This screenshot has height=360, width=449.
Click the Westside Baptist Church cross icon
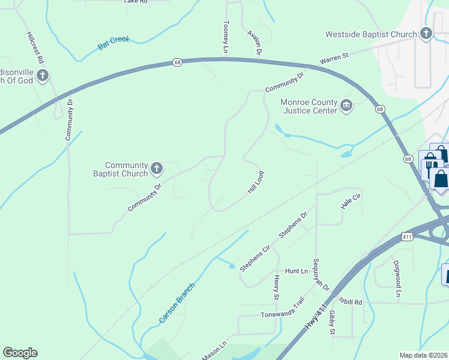pyautogui.click(x=426, y=33)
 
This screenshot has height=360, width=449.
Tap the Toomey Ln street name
pyautogui.click(x=226, y=37)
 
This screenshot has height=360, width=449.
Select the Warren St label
pyautogui.click(x=334, y=58)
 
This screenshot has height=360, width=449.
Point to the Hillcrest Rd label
pyautogui.click(x=35, y=48)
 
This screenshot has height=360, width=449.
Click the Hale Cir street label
pyautogui.click(x=351, y=200)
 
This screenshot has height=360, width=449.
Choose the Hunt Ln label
pyautogui.click(x=296, y=271)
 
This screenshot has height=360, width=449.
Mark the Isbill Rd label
pyautogui.click(x=351, y=302)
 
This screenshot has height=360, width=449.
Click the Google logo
pyautogui.click(x=20, y=353)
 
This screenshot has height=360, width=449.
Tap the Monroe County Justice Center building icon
pyautogui.click(x=346, y=106)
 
